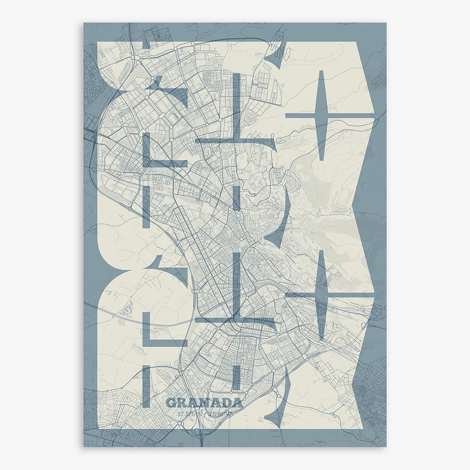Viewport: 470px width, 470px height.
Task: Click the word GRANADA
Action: coord(204,403)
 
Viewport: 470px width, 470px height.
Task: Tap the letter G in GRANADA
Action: coord(172,403)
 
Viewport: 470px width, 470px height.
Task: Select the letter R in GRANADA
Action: coord(183,403)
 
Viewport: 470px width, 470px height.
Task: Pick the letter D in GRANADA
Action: coord(227,403)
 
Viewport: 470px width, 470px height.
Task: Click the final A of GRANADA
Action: coord(237,403)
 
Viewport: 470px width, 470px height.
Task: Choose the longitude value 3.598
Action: coord(220,414)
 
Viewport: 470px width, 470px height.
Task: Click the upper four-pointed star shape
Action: coord(322,116)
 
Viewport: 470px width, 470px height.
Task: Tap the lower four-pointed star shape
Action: coord(322,294)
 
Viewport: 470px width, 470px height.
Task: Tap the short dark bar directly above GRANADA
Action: coord(236,379)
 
